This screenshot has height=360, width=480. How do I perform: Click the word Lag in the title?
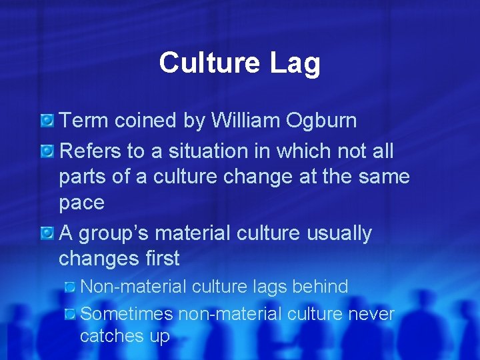(295, 63)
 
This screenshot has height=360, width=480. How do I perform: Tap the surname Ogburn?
(324, 121)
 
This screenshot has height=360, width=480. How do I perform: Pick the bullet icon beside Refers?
(47, 152)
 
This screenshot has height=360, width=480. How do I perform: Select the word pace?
(81, 203)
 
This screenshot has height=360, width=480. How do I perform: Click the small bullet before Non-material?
(71, 287)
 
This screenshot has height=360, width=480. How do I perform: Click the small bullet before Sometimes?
(71, 313)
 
